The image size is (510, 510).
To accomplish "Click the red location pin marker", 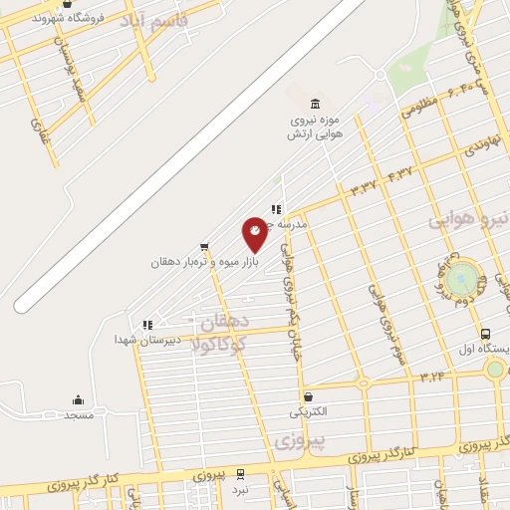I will coord(255,233).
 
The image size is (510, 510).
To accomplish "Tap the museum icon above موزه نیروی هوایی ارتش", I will coord(316,105).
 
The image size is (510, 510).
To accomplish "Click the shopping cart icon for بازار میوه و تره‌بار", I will coord(204,246).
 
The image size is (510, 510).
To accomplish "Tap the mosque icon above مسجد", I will coord(79,400).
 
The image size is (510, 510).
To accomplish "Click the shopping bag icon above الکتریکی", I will coord(308,396).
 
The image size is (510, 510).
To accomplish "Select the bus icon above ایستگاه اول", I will coord(485,335).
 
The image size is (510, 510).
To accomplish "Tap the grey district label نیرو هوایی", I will coord(469,218).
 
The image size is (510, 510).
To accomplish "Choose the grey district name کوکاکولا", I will coord(222,345).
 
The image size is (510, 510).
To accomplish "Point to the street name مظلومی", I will coord(420,109).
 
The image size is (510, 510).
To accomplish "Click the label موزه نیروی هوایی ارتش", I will coord(316,127).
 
